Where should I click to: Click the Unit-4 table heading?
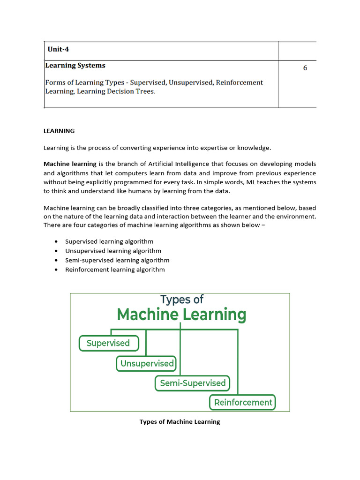click(x=59, y=49)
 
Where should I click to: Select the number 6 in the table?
click(x=305, y=68)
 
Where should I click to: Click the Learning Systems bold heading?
click(x=75, y=66)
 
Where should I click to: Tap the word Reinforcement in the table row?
click(x=239, y=82)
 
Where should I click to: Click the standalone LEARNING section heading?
click(x=59, y=131)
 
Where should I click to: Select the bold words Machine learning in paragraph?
click(x=70, y=164)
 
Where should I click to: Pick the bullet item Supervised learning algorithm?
click(x=109, y=241)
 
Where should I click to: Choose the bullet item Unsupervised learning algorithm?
click(x=113, y=251)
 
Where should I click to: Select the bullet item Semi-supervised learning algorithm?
click(x=117, y=260)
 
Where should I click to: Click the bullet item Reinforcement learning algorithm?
click(x=115, y=270)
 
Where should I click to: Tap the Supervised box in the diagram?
click(x=108, y=343)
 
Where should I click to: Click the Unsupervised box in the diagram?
click(x=147, y=363)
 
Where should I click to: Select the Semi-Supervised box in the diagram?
click(x=193, y=383)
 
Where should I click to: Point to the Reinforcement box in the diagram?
click(x=243, y=402)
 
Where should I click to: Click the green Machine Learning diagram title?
click(x=181, y=314)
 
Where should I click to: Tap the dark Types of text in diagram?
click(x=182, y=299)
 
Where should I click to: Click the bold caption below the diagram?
click(x=180, y=422)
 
